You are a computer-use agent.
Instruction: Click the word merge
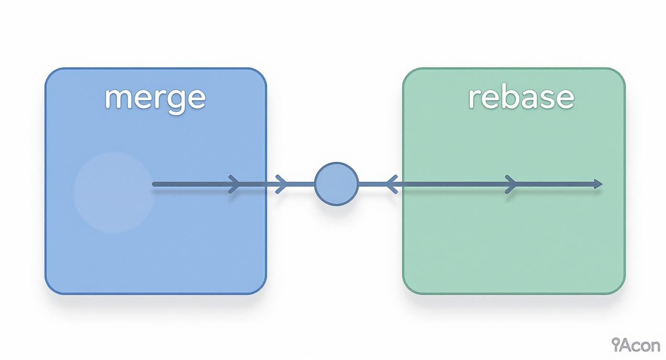click(x=155, y=98)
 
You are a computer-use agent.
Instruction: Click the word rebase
click(x=521, y=97)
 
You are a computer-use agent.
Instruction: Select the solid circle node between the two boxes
click(x=336, y=184)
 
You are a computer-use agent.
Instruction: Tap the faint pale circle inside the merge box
click(x=113, y=192)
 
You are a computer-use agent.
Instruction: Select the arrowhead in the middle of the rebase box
click(x=511, y=184)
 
